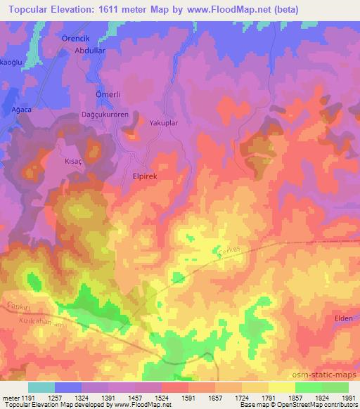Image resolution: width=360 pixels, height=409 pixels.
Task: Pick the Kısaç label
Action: pos(74,160)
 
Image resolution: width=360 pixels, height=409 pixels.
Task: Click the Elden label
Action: pos(344,318)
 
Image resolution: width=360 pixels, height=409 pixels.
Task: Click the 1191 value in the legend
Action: pos(26,398)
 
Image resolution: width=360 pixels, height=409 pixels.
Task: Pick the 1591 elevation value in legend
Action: pos(174,398)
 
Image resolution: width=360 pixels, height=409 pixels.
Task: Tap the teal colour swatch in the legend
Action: pos(41,387)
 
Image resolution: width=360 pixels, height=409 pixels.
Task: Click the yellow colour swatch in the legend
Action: pos(282,387)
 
